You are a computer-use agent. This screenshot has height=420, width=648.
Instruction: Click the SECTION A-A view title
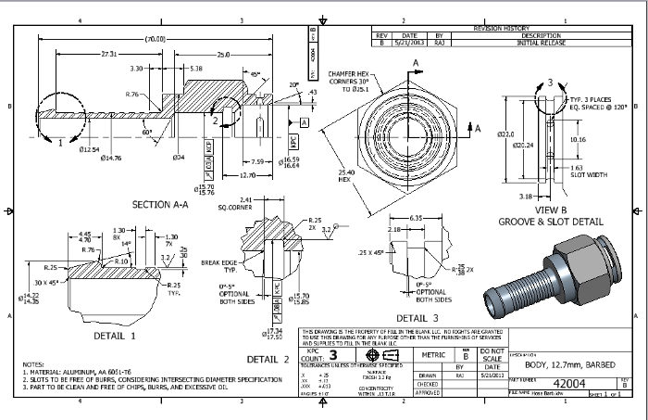pyautogui.click(x=163, y=205)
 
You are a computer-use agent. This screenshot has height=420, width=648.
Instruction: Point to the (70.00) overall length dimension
pyautogui.click(x=154, y=39)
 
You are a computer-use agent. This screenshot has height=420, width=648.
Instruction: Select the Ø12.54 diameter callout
pyautogui.click(x=89, y=148)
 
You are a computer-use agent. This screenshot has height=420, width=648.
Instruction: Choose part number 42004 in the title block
pyautogui.click(x=567, y=381)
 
